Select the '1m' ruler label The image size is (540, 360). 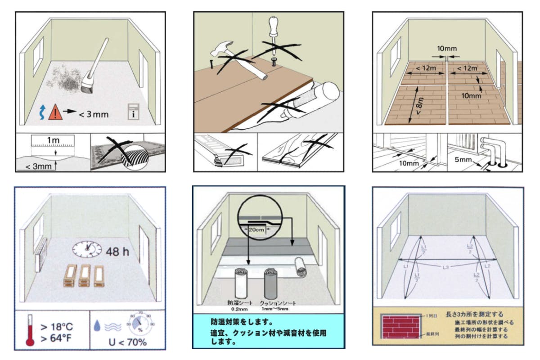pyautogui.click(x=54, y=140)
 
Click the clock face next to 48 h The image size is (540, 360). pyautogui.click(x=88, y=248)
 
